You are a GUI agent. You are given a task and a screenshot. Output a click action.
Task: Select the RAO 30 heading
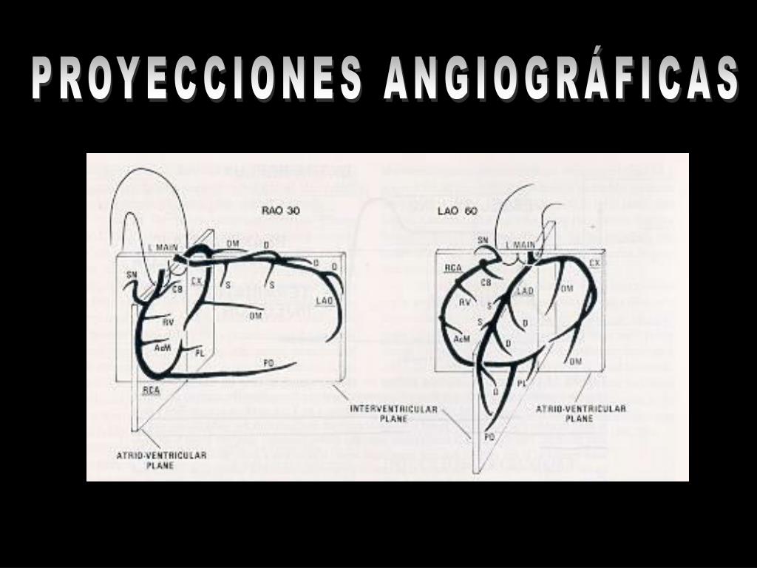coord(281,210)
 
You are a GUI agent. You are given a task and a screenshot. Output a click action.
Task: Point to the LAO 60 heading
coord(457,211)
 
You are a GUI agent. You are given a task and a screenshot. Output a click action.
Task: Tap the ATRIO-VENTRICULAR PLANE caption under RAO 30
coord(161,460)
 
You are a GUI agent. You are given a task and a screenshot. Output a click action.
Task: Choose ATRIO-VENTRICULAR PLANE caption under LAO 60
coord(580,413)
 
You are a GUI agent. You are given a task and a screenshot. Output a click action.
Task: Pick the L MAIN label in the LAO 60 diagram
coord(520,245)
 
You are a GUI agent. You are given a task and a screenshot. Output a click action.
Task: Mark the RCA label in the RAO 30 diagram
coord(152,390)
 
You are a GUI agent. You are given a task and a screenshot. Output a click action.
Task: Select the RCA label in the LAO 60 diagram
coord(453,267)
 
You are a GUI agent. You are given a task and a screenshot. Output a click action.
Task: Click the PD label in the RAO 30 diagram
coord(269,362)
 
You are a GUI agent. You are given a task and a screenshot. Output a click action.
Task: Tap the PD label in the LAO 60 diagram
coord(489,438)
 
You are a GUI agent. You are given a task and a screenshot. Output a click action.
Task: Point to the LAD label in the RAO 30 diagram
coord(325,300)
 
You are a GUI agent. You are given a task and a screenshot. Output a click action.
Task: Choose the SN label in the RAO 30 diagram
coord(132,274)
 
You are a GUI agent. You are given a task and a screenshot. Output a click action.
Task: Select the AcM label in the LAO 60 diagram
coord(462,339)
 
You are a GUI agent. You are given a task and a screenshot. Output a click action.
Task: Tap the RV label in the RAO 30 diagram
coord(168,322)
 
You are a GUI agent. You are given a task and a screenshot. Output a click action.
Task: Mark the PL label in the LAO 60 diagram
coord(521,383)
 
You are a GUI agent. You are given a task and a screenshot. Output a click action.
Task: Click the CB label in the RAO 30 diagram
coord(177,289)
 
